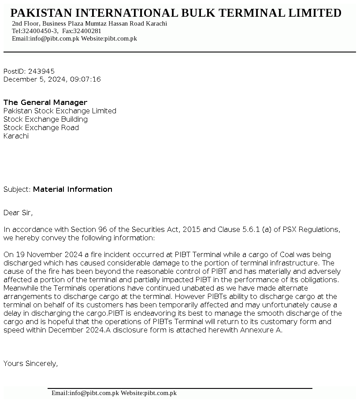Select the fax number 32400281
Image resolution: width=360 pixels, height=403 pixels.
[87, 31]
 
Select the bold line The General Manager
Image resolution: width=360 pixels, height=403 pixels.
[45, 102]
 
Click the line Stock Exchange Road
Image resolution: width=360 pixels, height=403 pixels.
[41, 127]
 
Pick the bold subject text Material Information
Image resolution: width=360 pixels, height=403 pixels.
[73, 189]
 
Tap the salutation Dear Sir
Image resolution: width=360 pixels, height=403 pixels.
[18, 213]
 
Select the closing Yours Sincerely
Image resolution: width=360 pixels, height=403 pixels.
[30, 363]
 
